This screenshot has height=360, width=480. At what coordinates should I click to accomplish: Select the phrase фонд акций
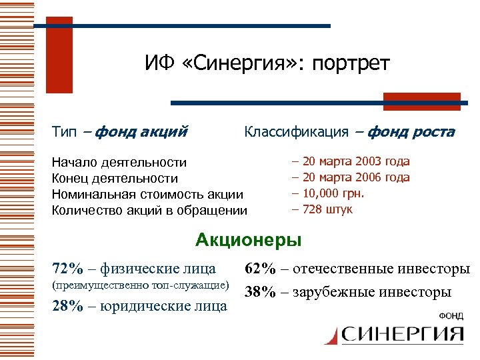coord(141,132)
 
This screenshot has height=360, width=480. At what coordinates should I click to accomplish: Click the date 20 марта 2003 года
coord(356,161)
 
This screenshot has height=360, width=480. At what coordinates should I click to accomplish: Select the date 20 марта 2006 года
coord(356,177)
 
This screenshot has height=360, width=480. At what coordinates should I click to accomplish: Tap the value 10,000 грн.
coord(337,193)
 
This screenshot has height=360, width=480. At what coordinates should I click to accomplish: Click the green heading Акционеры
coord(248,239)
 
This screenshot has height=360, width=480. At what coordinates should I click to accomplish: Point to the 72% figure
coord(68,269)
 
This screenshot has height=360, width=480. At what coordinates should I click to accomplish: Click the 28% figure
coord(68,306)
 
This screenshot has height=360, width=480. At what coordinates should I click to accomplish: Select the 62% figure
coord(261,269)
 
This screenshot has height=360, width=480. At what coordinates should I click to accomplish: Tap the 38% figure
coord(261,292)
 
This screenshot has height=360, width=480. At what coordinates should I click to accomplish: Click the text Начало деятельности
coord(119,162)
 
